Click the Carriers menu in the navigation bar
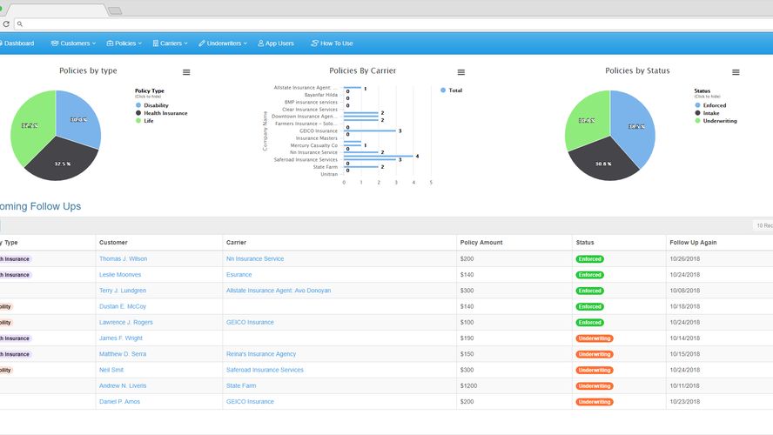pos(170,43)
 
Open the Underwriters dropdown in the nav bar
pos(223,43)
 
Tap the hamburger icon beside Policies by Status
pos(736,72)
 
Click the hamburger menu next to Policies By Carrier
pos(461,72)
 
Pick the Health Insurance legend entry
pos(165,113)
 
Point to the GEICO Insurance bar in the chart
pos(371,131)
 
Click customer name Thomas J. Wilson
pos(123,258)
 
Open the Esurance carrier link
pos(239,275)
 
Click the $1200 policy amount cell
pos(468,385)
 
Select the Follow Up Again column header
pos(692,243)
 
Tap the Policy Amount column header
pos(481,243)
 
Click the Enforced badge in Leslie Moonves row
pos(589,275)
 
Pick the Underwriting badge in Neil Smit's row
pos(595,370)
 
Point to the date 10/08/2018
pos(683,291)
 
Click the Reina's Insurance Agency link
pos(260,354)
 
